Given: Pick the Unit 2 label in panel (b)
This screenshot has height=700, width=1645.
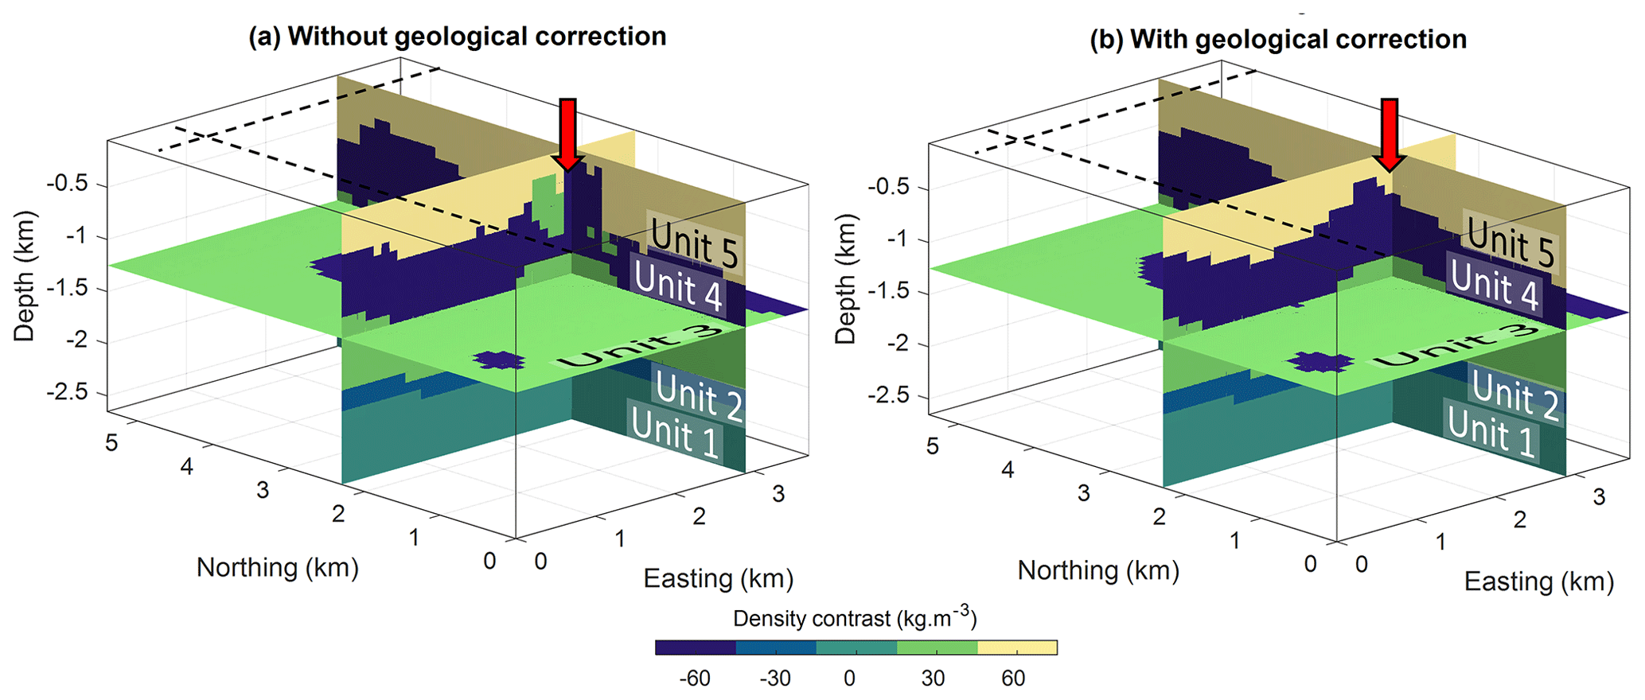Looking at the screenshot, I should pos(1514,395).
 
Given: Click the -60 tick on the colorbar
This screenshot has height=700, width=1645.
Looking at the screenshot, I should pos(694,679).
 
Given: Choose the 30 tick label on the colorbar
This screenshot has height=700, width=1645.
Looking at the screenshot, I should pos(933,679).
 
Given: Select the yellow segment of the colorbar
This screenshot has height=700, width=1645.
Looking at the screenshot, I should pos(1017,647).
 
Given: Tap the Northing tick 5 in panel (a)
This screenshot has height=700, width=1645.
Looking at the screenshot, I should pos(111,442).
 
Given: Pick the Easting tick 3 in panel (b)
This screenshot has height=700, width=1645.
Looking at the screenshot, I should pos(1599,497).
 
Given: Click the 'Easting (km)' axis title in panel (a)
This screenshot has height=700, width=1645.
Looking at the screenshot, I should pos(718,578).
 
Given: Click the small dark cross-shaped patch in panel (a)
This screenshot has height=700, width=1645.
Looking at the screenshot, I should pos(499,360).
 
